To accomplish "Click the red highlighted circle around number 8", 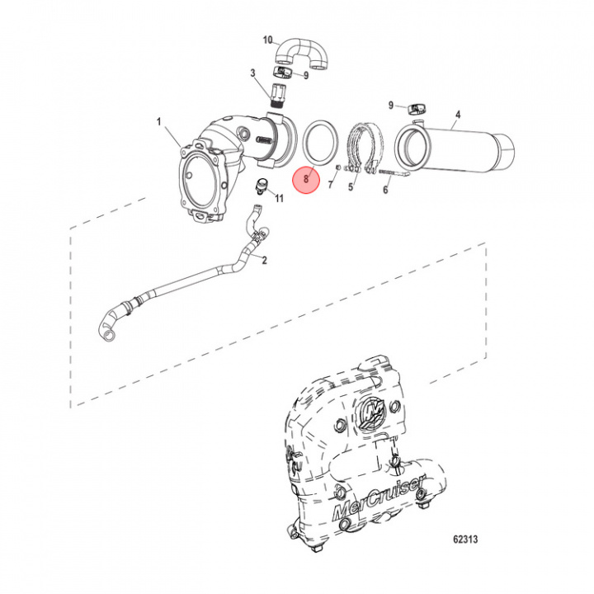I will click(306, 178).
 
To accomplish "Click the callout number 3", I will click(252, 74).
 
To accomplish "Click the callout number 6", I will click(384, 190).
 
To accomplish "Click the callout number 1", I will click(159, 121).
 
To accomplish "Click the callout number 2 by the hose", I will click(264, 261).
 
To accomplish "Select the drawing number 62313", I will click(466, 540).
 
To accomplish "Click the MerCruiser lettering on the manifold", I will click(379, 497).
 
